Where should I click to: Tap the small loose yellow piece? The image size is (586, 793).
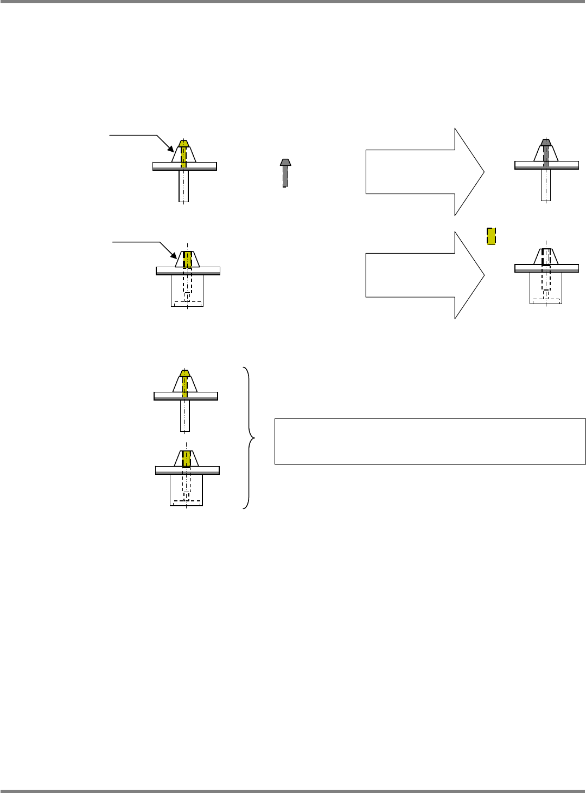tap(491, 236)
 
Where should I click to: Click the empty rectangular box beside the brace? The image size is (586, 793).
tap(430, 441)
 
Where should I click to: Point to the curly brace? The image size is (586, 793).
tap(248, 437)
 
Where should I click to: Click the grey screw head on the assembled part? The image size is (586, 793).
tap(546, 143)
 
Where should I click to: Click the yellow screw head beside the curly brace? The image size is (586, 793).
tap(184, 373)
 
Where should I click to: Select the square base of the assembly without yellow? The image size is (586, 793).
tap(546, 287)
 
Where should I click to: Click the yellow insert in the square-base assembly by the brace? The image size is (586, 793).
tap(187, 458)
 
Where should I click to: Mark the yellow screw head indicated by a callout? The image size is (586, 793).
tap(183, 144)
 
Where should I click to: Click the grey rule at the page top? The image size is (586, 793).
tap(293, 2)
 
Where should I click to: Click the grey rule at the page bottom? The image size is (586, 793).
tap(293, 791)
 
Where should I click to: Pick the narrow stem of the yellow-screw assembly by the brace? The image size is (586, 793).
tap(185, 415)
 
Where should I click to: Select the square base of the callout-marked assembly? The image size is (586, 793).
tap(187, 291)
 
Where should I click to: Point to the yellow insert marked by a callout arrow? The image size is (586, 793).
tap(188, 259)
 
